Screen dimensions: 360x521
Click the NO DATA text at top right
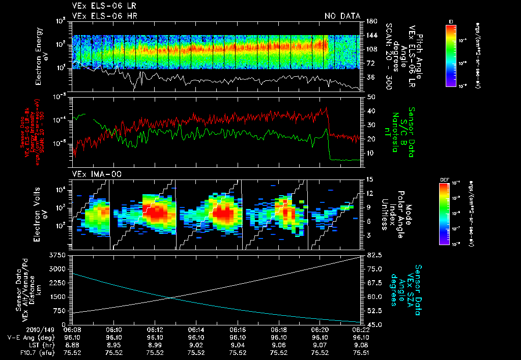pyautogui.click(x=342, y=16)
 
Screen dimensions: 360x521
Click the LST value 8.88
pyautogui.click(x=72, y=344)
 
